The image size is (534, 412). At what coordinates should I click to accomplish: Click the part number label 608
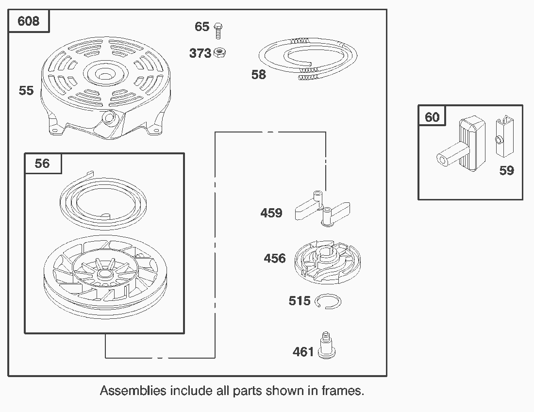click(x=29, y=21)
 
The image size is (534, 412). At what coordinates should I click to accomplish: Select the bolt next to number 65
click(x=218, y=29)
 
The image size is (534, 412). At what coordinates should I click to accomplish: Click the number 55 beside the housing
click(x=26, y=90)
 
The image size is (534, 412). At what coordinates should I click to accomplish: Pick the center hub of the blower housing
click(x=102, y=75)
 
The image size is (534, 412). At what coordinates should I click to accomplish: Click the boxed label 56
click(x=42, y=164)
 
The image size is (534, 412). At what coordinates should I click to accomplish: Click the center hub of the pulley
click(x=104, y=274)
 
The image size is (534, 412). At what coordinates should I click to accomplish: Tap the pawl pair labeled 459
click(x=322, y=211)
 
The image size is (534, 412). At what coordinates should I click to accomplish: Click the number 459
click(x=271, y=213)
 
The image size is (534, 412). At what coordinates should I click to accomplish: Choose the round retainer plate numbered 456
click(x=328, y=261)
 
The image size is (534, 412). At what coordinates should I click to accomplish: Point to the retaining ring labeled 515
click(x=328, y=302)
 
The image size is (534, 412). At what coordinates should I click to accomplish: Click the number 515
click(x=300, y=301)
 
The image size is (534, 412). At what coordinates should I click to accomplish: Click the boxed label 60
click(x=432, y=117)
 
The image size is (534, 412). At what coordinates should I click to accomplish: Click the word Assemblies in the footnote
click(x=133, y=390)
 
